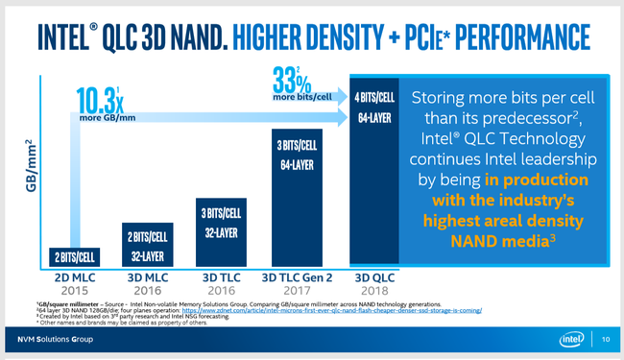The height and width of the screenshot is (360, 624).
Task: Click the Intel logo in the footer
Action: pos(572,340)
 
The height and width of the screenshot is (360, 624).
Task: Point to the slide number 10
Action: pos(606,340)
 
